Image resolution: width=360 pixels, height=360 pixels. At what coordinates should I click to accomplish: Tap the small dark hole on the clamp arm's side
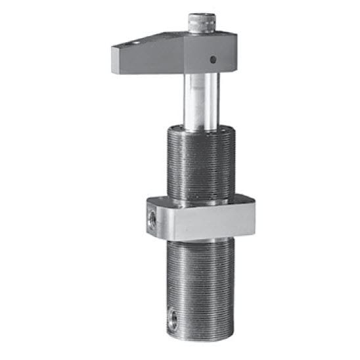pyautogui.click(x=212, y=59)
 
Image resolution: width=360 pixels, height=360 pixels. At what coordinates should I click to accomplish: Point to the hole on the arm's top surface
pyautogui.click(x=135, y=44)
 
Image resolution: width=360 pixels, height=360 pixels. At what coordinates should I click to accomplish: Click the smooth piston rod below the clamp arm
pyautogui.click(x=201, y=99)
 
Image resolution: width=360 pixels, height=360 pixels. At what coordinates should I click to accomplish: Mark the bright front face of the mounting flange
pyautogui.click(x=204, y=223)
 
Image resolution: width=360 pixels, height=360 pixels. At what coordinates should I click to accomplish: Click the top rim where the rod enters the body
pyautogui.click(x=200, y=128)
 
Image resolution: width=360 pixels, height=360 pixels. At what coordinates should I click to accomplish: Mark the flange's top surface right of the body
pyautogui.click(x=241, y=199)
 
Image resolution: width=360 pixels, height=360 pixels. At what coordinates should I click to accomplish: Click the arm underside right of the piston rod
pyautogui.click(x=227, y=72)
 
